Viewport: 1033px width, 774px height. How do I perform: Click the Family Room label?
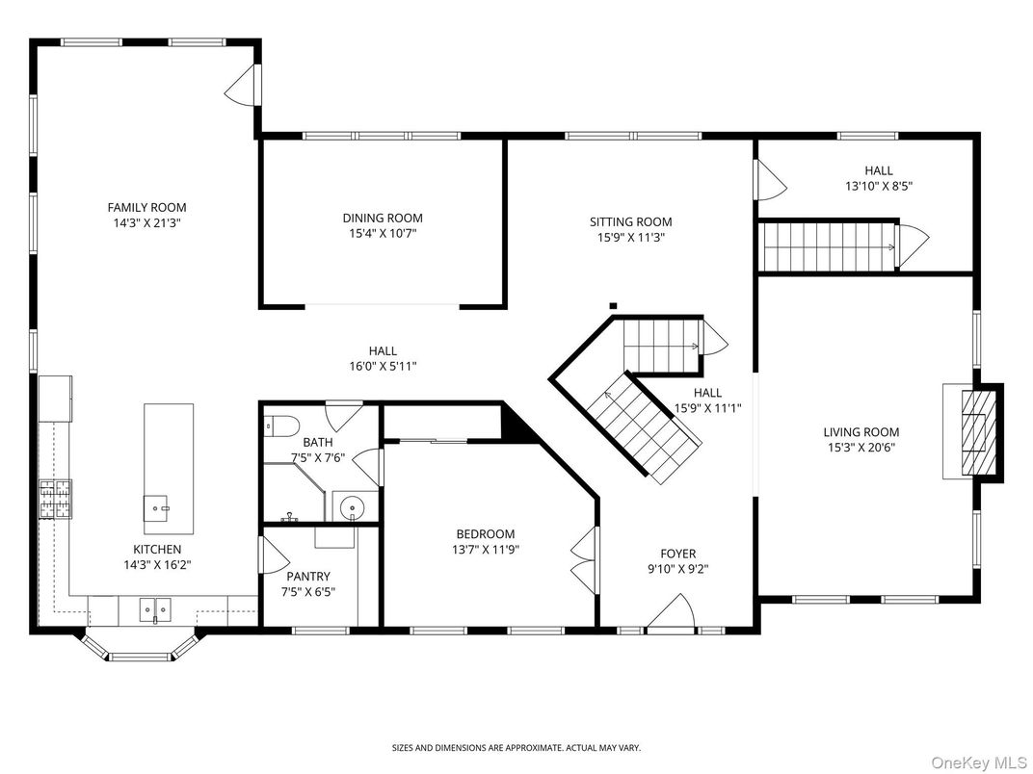pyautogui.click(x=146, y=207)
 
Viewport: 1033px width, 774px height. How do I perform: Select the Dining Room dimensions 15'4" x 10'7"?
pyautogui.click(x=383, y=233)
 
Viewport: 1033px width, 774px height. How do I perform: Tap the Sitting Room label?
pyautogui.click(x=630, y=221)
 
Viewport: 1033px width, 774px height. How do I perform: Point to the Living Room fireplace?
pyautogui.click(x=975, y=431)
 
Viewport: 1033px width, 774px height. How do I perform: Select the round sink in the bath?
pyautogui.click(x=351, y=505)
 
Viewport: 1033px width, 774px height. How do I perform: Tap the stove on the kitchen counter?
pyautogui.click(x=55, y=499)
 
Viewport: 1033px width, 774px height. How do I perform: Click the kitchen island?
pyautogui.click(x=169, y=469)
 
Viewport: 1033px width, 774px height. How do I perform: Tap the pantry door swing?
pyautogui.click(x=273, y=555)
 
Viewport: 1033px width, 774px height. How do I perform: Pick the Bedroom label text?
pyautogui.click(x=485, y=534)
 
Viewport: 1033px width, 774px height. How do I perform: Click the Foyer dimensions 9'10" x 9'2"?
pyautogui.click(x=677, y=569)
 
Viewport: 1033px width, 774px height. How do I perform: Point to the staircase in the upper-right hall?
pyautogui.click(x=830, y=245)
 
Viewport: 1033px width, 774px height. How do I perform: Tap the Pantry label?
pyautogui.click(x=307, y=577)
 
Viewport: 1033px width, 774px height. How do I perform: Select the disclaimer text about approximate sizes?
pyautogui.click(x=516, y=747)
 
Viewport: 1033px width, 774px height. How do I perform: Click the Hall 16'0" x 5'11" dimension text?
pyautogui.click(x=383, y=366)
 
